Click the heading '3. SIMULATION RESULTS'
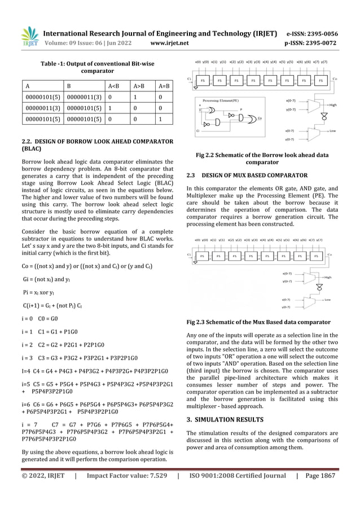[225, 419]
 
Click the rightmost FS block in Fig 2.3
[318, 255]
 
